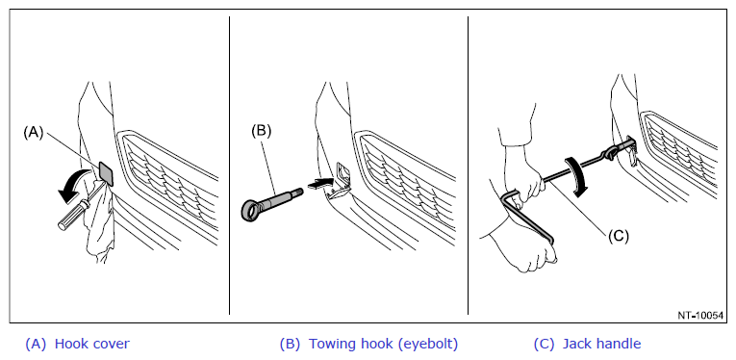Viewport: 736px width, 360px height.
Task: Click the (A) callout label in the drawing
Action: click(x=34, y=133)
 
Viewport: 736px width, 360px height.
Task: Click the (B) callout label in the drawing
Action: click(x=261, y=131)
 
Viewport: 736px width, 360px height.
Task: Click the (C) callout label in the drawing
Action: click(x=619, y=236)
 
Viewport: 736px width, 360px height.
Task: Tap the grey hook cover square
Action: click(x=107, y=172)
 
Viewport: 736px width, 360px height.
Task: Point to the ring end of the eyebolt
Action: click(x=253, y=210)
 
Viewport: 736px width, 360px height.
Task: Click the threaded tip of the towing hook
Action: click(x=297, y=192)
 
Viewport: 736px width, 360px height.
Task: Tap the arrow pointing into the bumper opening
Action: click(x=320, y=184)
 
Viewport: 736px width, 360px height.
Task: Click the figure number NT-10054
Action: click(x=700, y=316)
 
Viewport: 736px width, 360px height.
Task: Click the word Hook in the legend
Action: click(x=69, y=344)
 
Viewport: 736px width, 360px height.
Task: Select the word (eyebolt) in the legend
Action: click(x=427, y=344)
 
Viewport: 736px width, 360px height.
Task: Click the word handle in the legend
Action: click(x=618, y=344)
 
